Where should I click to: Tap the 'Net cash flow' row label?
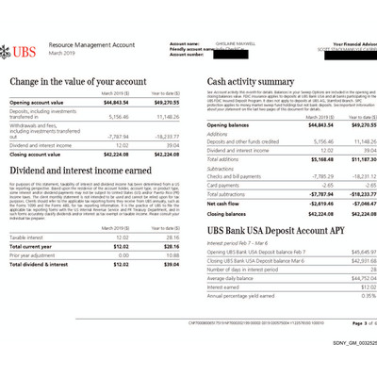[223, 203]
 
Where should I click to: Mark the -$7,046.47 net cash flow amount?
[353, 203]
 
